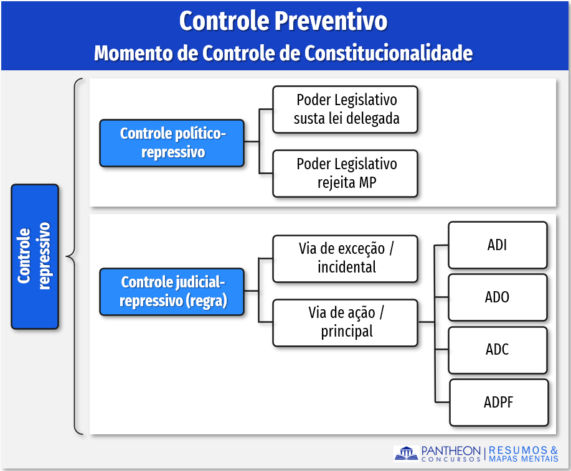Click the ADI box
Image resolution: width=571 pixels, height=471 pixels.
coord(498,245)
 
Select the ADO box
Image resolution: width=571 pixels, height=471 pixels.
coord(498,297)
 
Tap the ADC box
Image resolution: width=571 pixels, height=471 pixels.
coord(498,350)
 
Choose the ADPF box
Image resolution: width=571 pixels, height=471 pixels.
coord(499,402)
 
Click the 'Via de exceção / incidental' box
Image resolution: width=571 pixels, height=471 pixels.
coord(346,258)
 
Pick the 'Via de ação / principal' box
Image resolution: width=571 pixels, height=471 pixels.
coord(346,322)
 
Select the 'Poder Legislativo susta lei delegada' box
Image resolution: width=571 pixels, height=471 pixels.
coord(346,109)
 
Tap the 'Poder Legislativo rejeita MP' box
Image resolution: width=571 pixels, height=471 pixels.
coord(346,174)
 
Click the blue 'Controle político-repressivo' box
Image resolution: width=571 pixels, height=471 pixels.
coord(172,143)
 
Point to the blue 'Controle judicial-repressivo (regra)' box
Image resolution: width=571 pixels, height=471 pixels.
coord(172,292)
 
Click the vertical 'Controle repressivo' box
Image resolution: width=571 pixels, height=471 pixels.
coord(35,256)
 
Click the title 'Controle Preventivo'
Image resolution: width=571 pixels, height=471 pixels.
coord(283,21)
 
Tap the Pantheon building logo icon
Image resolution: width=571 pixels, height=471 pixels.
coord(406,454)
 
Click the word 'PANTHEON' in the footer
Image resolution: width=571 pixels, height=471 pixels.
coord(451,450)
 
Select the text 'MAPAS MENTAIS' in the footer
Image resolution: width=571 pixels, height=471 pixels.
coord(523,459)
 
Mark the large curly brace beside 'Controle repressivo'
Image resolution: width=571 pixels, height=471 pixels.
coord(74,256)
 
